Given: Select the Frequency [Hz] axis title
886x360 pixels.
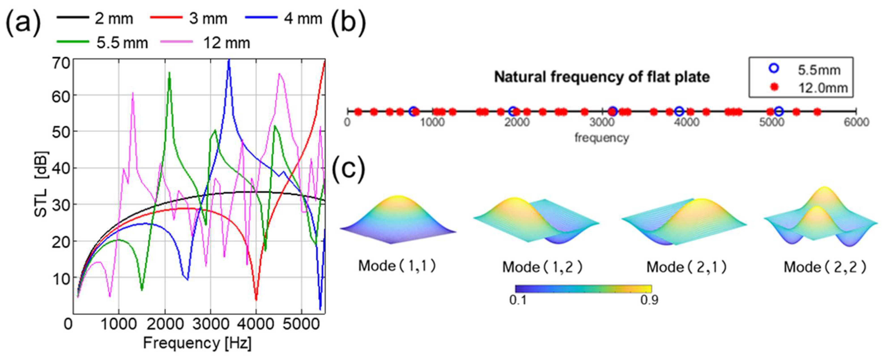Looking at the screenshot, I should coord(197,343).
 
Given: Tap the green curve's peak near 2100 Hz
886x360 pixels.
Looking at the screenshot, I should coord(169,73).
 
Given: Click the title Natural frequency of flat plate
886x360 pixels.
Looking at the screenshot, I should coord(602,77).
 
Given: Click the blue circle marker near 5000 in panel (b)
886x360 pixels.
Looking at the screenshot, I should coord(779,111).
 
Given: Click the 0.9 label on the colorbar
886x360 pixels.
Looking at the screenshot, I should coord(649,300).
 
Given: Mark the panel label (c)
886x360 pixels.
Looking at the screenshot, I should coord(348,169).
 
